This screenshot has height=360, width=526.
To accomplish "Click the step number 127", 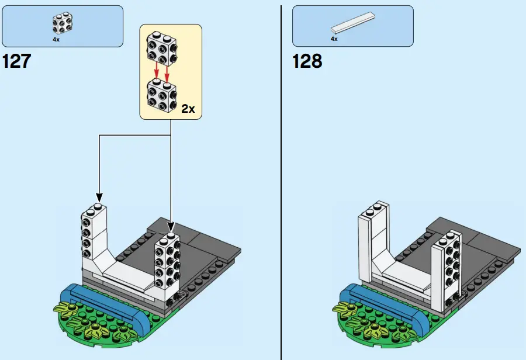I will [x=17, y=60].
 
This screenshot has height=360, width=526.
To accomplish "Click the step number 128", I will [x=307, y=60].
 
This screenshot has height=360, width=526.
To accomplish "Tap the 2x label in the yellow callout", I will [x=188, y=109].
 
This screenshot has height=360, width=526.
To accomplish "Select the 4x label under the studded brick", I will [x=56, y=40].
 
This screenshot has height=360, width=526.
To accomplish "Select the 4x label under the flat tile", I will [x=334, y=39].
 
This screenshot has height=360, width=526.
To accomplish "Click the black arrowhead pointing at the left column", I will [x=99, y=197].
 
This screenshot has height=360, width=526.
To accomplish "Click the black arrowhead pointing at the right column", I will [x=171, y=226].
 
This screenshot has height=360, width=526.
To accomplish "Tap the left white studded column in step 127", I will [x=94, y=234].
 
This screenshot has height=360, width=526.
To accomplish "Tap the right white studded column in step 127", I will [x=167, y=266].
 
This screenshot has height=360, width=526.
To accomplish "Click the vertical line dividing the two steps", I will [x=281, y=175].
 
